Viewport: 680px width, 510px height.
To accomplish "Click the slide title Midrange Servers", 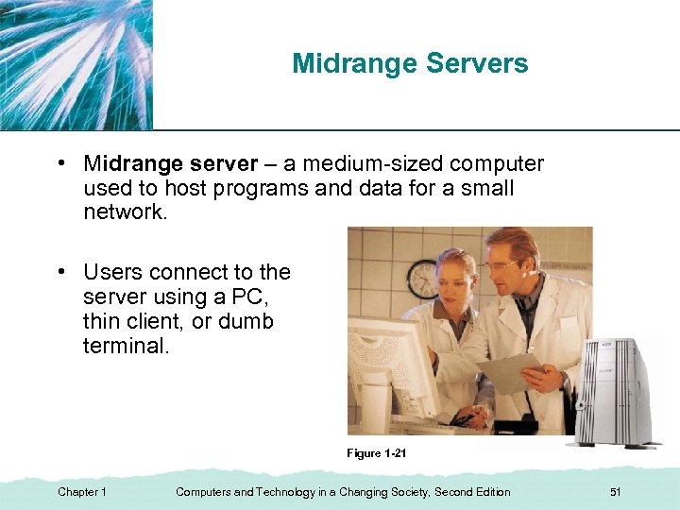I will [x=410, y=64].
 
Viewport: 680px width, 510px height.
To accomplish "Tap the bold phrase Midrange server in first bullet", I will [x=170, y=164].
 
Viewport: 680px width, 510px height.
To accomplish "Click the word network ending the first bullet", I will [x=123, y=212].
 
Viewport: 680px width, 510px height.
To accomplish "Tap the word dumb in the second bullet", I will [x=246, y=321].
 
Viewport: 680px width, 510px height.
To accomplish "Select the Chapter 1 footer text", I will [x=82, y=492].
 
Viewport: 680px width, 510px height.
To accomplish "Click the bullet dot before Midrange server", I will [x=59, y=163].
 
